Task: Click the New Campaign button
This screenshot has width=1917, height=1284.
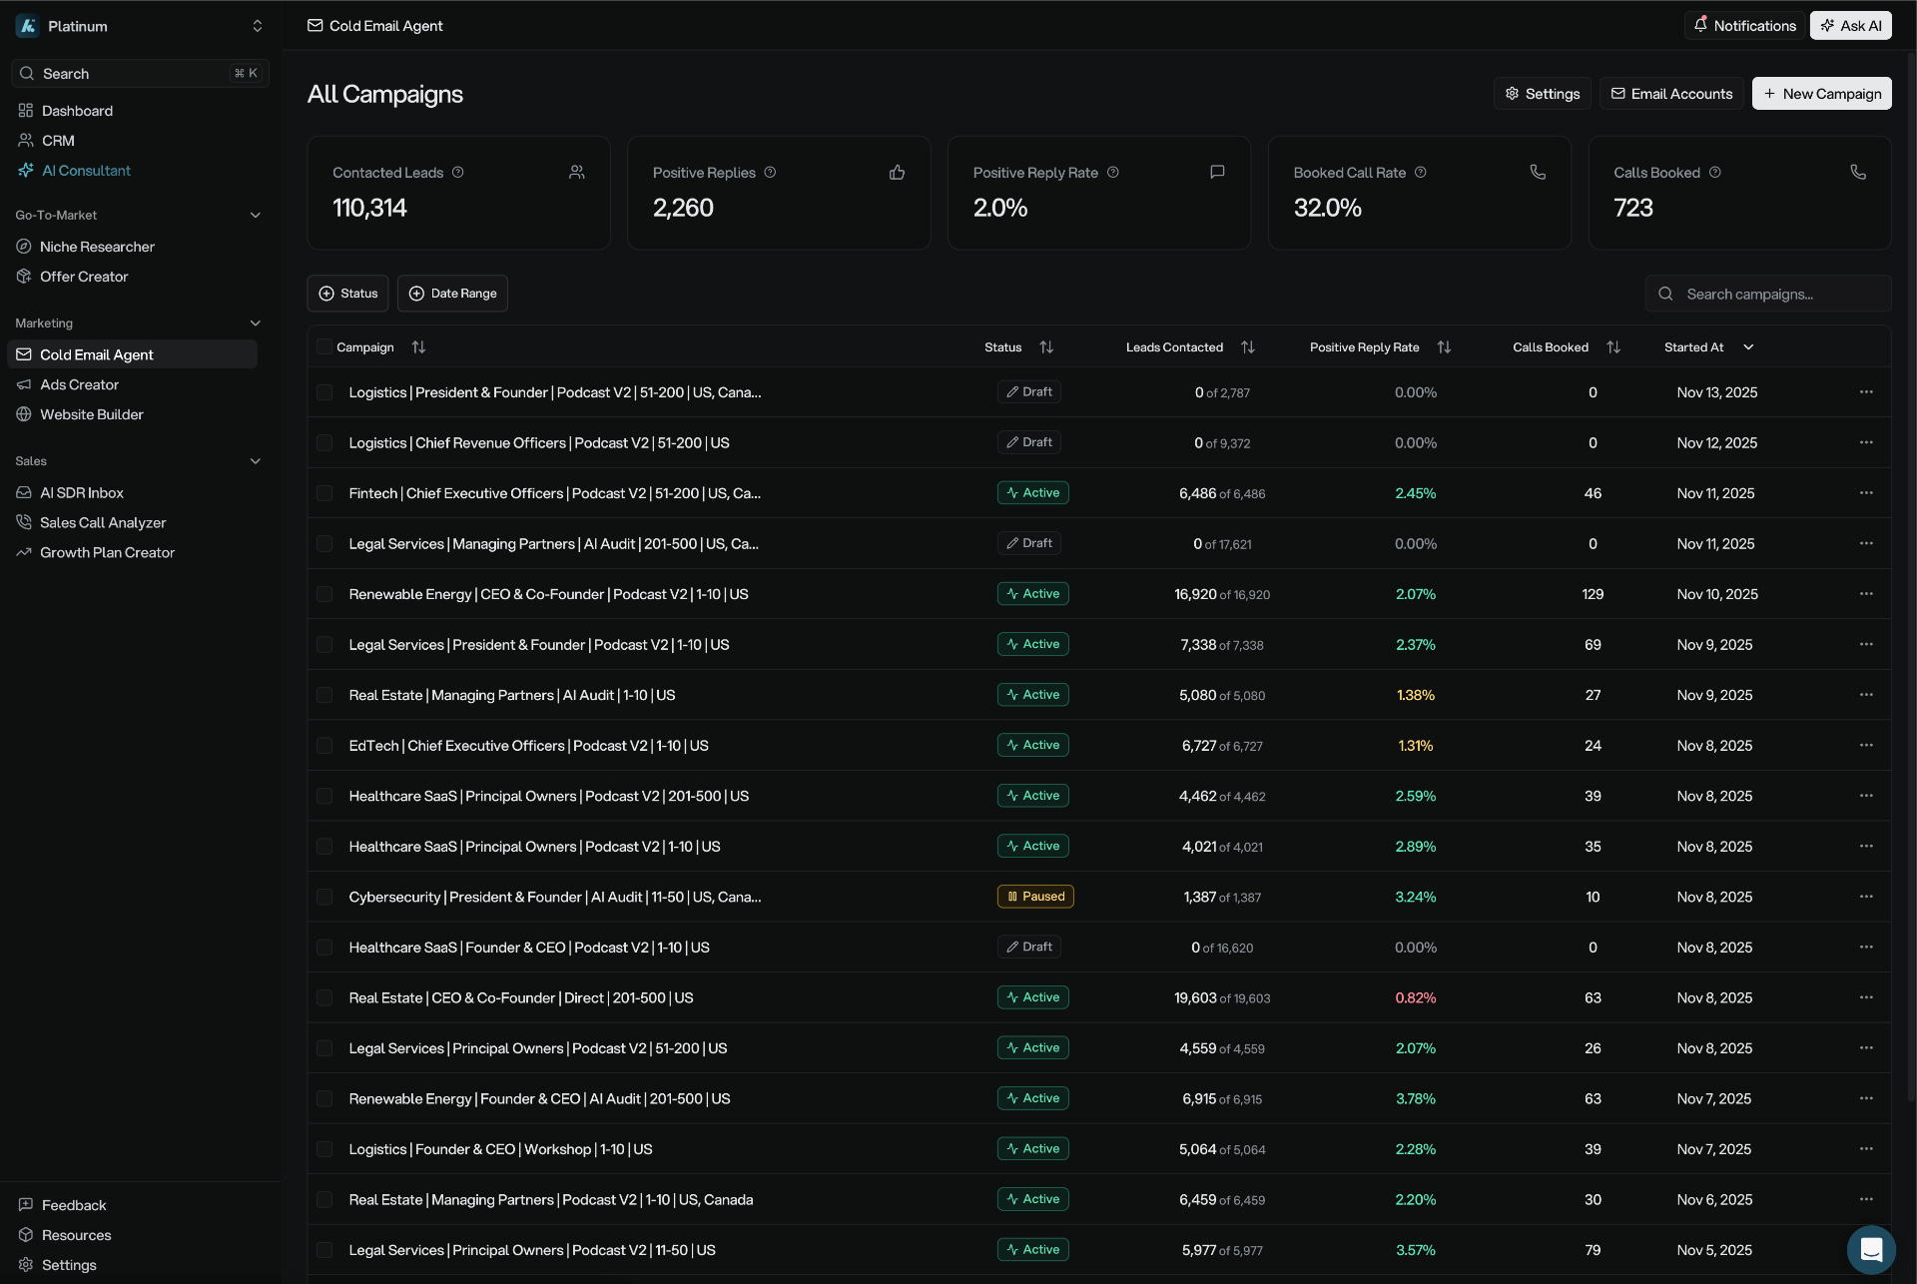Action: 1821,94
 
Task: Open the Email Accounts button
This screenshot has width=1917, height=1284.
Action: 1671,94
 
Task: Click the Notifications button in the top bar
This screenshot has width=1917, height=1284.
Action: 1744,26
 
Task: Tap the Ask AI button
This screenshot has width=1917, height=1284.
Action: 1850,26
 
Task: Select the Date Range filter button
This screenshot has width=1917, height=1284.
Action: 452,294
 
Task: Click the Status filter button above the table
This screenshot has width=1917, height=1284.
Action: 347,294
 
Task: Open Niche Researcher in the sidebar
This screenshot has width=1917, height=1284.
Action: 97,247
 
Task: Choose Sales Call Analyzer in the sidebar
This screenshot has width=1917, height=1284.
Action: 103,523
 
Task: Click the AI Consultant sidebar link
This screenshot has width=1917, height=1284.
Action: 86,171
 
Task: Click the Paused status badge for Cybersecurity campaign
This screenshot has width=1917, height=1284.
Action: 1034,897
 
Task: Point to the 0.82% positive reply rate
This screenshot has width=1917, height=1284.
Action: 1415,998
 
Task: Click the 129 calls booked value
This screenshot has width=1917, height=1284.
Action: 1592,595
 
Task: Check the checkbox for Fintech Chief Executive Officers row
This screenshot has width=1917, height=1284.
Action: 324,493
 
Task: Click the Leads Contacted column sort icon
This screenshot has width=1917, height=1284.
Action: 1247,347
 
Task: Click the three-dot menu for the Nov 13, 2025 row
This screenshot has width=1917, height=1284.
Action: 1865,392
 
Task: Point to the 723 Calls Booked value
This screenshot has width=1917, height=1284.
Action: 1633,208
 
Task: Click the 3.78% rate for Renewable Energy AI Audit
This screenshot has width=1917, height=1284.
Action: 1415,1099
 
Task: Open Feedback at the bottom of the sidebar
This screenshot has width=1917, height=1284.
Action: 73,1206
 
